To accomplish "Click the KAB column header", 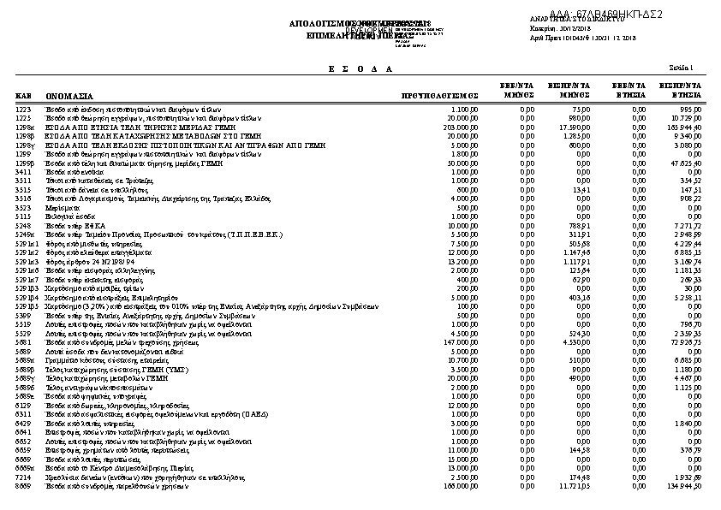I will pos(23,97).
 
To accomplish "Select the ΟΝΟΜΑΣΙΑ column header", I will pos(69,97).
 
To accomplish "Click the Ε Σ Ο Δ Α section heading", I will pos(360,68).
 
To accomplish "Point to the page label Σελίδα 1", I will pos(682,68).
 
